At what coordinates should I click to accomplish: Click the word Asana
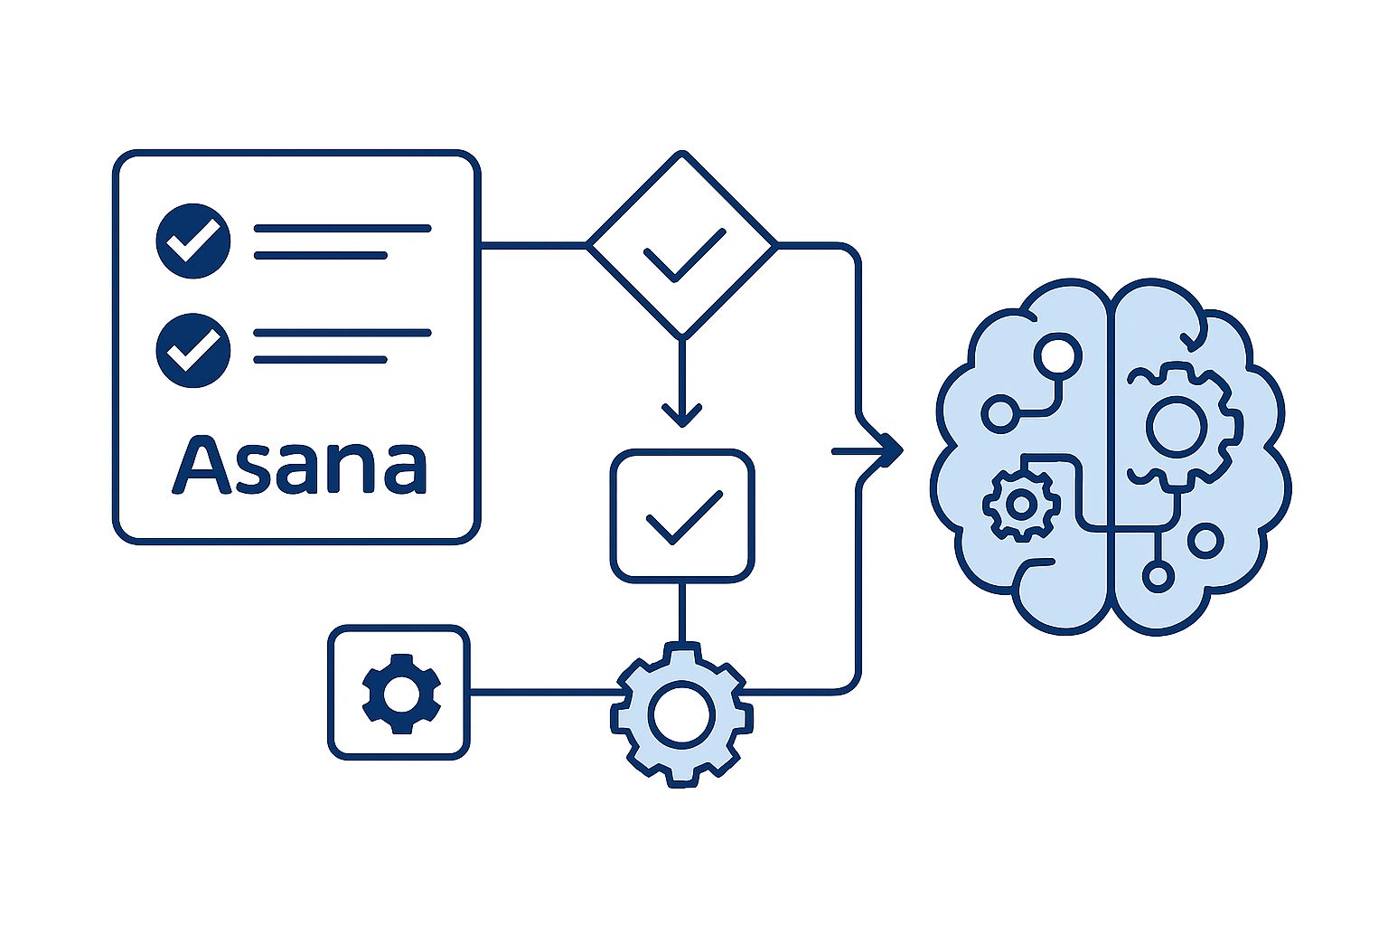tap(299, 467)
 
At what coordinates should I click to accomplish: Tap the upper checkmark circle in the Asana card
tap(193, 241)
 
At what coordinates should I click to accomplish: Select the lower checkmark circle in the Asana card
tap(193, 350)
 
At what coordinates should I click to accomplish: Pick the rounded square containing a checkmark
tap(682, 515)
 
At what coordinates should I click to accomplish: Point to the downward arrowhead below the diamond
tap(682, 416)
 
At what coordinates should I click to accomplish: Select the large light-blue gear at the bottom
tap(682, 713)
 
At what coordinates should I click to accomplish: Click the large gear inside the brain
tap(1176, 425)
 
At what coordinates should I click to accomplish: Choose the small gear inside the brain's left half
tap(1021, 505)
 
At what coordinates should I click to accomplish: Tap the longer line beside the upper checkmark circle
tap(342, 229)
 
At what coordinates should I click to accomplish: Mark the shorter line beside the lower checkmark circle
tap(321, 360)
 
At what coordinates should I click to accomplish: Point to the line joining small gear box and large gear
tap(542, 693)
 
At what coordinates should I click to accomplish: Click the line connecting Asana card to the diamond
tap(533, 244)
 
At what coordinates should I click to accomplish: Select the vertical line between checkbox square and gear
tap(682, 611)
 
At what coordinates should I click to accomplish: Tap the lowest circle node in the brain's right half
tap(1158, 575)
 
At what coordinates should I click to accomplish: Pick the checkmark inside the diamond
tap(684, 255)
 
